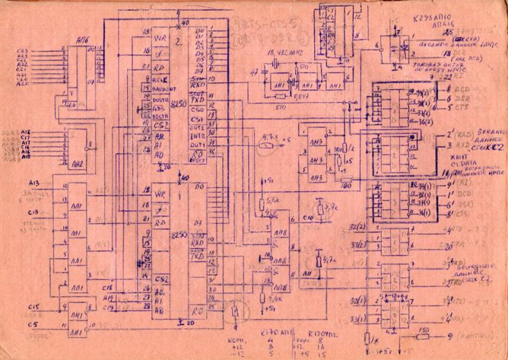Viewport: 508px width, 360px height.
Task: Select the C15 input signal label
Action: [30, 307]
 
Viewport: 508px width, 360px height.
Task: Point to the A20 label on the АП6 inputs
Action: [23, 84]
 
